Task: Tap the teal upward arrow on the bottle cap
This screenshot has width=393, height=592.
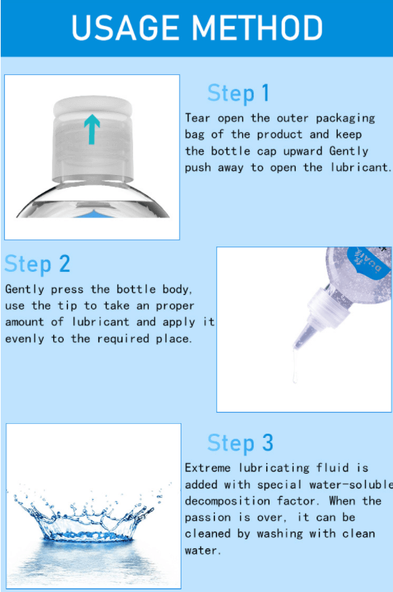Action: [92, 130]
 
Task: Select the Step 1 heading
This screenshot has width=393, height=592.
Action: [239, 93]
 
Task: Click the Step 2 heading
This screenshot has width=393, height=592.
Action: [37, 263]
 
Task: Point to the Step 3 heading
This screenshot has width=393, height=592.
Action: [240, 443]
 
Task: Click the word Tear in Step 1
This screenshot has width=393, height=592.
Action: [198, 118]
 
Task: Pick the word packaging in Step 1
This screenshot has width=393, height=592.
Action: [345, 118]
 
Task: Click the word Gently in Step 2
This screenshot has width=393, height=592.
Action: [25, 289]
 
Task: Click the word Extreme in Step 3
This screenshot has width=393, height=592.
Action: [207, 468]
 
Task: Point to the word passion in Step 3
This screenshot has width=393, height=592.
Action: [207, 518]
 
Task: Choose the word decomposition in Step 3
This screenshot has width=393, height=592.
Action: [228, 502]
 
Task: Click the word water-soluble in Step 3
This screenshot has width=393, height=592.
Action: [351, 484]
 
